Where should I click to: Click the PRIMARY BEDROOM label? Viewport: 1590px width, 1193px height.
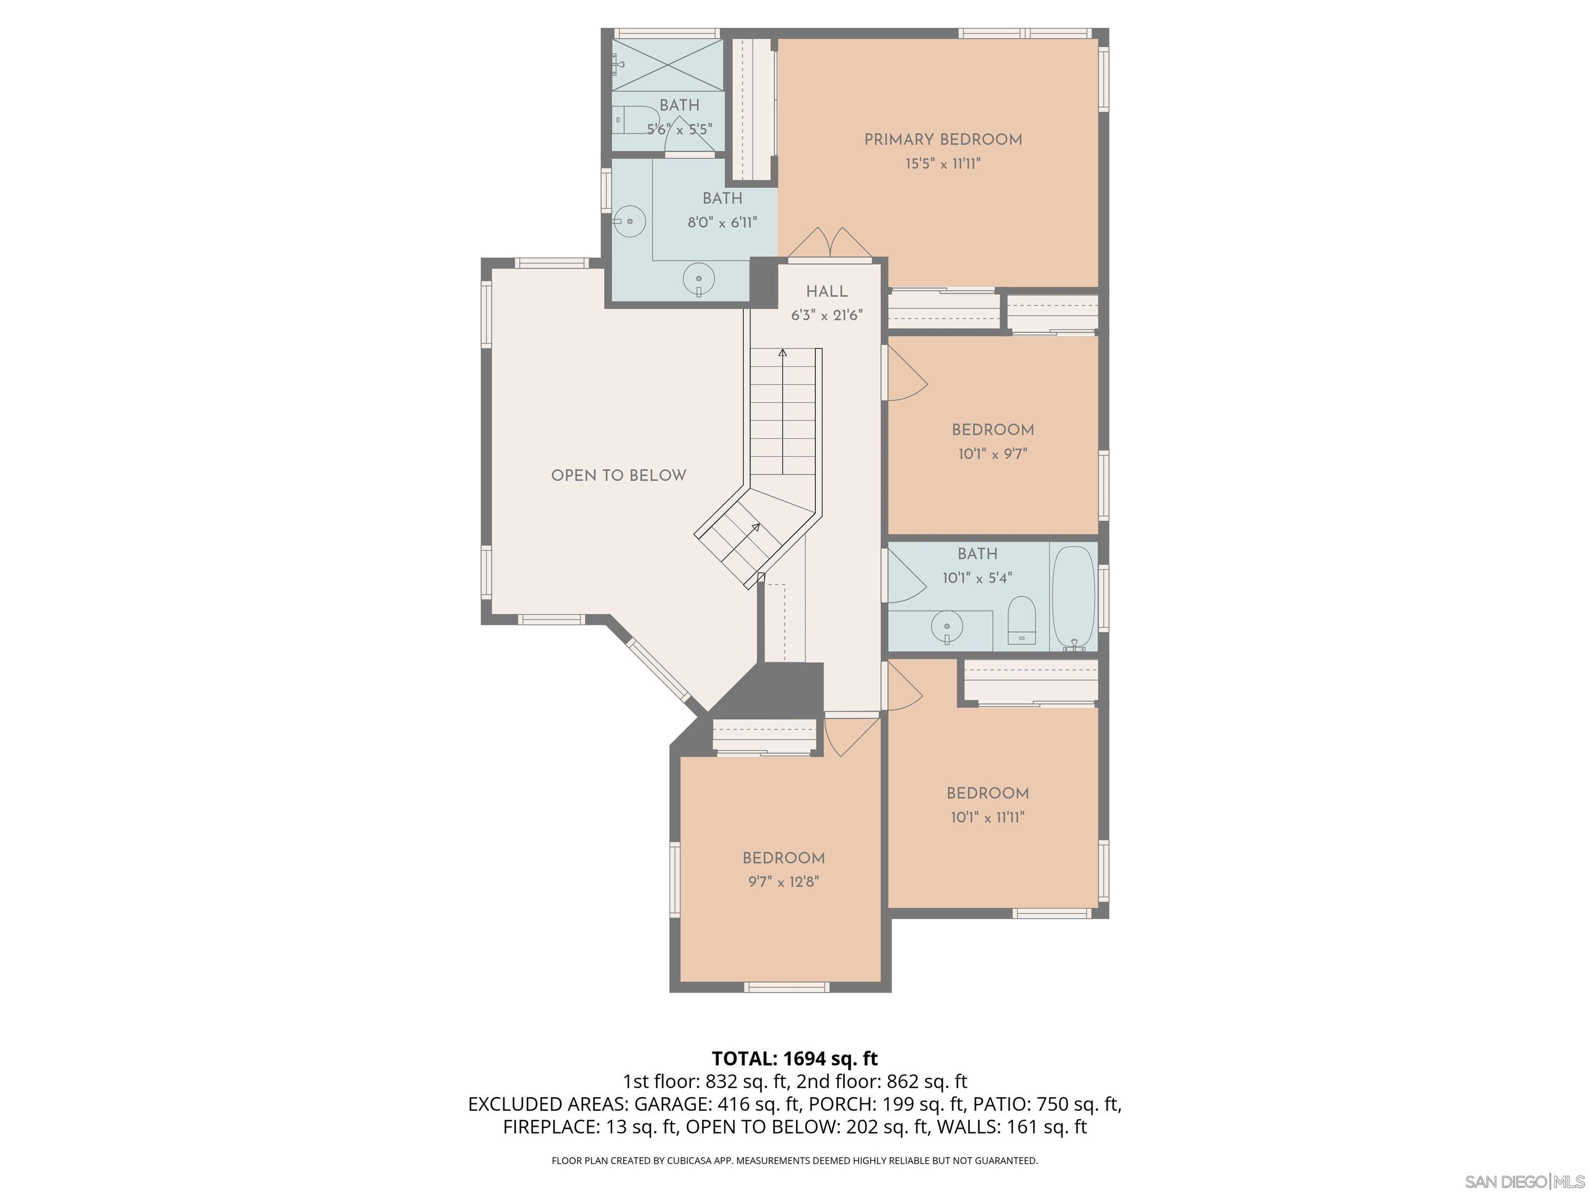point(943,139)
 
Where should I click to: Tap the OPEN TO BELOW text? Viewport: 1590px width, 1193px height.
point(618,475)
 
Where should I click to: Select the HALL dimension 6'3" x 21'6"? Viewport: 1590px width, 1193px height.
point(827,315)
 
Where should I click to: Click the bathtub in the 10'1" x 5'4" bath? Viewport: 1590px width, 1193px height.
point(1073,598)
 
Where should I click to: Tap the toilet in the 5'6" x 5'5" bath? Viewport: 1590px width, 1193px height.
point(637,120)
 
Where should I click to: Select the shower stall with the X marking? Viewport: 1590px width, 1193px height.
point(668,65)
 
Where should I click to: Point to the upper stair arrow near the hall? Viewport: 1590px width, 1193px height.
point(782,353)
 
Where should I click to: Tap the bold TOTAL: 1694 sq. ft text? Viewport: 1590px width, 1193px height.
point(794,1058)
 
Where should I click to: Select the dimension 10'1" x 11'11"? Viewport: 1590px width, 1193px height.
point(988,817)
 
